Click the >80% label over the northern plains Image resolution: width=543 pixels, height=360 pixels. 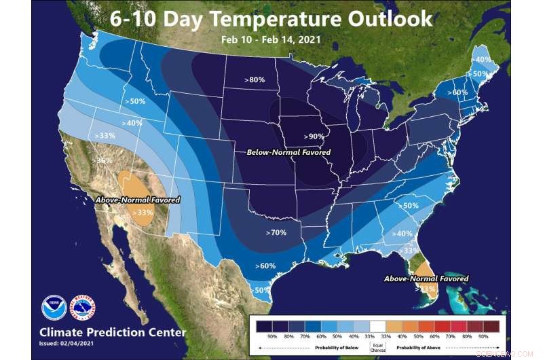255,80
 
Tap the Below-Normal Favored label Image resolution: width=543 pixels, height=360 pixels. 283,152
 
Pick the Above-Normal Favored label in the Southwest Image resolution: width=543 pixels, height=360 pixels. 137,200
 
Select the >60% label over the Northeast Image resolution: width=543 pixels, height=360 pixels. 458,92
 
